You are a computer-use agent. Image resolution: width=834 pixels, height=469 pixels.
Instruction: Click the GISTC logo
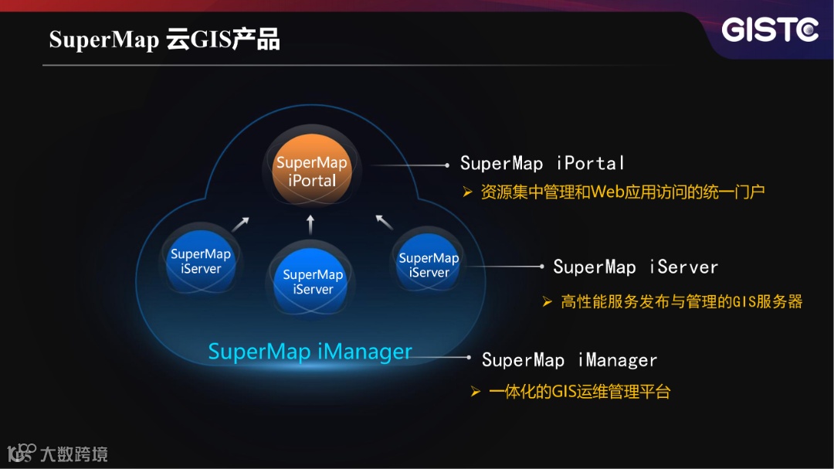pos(770,31)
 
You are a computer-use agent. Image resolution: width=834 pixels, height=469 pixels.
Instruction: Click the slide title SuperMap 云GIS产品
pos(164,39)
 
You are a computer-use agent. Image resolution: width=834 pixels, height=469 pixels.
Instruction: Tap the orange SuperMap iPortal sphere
pos(312,172)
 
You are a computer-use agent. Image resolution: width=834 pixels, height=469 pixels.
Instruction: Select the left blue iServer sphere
pos(201,261)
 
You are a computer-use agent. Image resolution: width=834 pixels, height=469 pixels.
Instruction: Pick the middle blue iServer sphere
pos(313,281)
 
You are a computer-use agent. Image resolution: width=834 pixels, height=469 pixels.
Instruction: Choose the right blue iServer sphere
pos(429,265)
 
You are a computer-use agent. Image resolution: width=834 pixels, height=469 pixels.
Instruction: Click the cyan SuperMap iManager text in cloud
pos(310,352)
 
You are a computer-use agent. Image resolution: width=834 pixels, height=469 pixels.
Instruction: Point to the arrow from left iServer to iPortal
pos(241,224)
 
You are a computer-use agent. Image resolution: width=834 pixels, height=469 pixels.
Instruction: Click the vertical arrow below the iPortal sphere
pos(310,224)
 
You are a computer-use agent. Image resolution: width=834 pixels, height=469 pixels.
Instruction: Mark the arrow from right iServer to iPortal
pos(384,223)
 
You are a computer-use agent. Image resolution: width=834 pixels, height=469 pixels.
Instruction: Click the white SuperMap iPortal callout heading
pos(542,163)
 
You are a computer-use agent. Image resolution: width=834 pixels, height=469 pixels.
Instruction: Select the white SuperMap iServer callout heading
pos(636,267)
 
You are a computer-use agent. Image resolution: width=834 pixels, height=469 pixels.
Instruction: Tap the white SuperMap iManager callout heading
pos(569,360)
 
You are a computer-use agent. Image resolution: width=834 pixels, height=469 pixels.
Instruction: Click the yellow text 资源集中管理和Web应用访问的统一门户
pos(622,192)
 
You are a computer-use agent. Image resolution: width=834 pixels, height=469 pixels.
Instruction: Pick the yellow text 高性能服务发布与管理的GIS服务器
pos(682,301)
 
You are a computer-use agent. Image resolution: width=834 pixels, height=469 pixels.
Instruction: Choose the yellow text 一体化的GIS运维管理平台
pos(579,392)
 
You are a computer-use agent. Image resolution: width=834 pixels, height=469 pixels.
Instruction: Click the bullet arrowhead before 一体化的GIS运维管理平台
pos(476,393)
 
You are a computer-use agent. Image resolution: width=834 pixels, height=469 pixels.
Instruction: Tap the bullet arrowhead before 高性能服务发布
pos(548,301)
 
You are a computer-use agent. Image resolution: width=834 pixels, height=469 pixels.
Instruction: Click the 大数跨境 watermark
pos(73,454)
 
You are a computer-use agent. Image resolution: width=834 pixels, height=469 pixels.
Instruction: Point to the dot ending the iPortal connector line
pos(447,165)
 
